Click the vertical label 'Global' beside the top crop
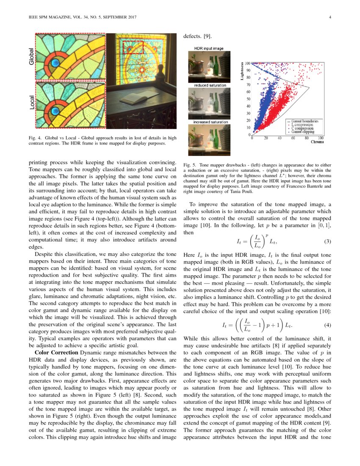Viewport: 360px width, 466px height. tap(31, 56)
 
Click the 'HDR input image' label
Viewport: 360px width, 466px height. tap(208, 49)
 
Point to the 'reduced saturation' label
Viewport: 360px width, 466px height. tap(210, 86)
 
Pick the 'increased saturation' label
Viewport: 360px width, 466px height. tap(210, 122)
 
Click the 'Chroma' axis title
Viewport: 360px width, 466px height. tap(317, 142)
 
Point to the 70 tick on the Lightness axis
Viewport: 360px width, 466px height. tap(248, 85)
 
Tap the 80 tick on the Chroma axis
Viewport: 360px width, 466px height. tap(307, 138)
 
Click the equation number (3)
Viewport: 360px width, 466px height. tap(327, 241)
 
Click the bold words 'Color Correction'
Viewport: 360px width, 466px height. tap(53, 352)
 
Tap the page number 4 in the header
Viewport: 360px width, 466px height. tap(329, 17)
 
